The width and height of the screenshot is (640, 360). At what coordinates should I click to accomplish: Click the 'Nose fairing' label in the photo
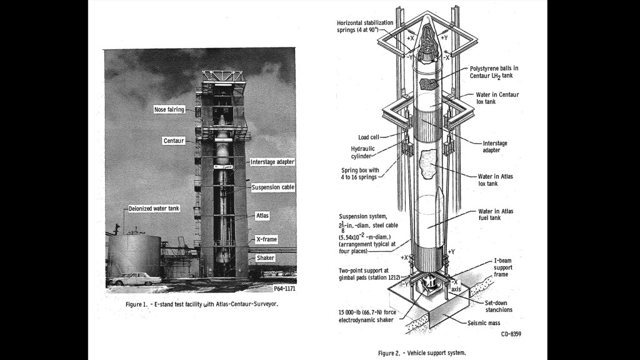point(169,110)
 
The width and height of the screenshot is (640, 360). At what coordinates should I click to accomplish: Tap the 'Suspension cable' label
point(273,187)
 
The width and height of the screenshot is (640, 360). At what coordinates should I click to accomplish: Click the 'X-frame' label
point(266,239)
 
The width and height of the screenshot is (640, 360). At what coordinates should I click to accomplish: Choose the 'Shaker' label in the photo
point(266,257)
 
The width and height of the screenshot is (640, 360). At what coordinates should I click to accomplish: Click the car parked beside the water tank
point(132,280)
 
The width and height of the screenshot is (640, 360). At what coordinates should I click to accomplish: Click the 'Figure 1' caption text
point(201,305)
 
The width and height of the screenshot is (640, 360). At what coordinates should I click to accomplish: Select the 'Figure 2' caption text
point(422,353)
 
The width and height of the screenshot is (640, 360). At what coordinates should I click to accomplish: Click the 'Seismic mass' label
point(486,323)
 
